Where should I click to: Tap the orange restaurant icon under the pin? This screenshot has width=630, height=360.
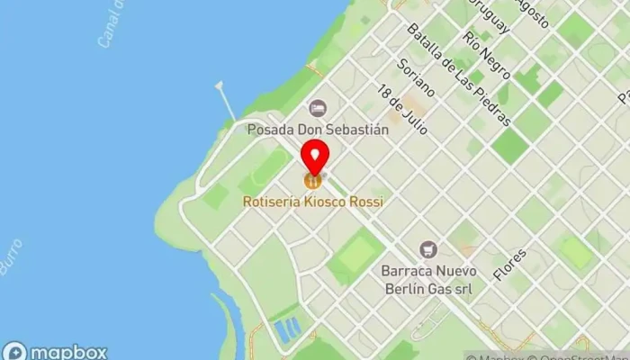pyautogui.click(x=312, y=181)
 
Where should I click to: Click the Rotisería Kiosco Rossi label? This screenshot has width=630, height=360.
pyautogui.click(x=312, y=202)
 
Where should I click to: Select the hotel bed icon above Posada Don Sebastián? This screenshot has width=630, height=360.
pyautogui.click(x=317, y=109)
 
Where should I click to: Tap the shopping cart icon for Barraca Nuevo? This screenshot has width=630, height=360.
pyautogui.click(x=428, y=248)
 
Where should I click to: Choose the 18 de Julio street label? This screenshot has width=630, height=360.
pyautogui.click(x=402, y=110)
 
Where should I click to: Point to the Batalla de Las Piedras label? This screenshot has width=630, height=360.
pyautogui.click(x=458, y=74)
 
